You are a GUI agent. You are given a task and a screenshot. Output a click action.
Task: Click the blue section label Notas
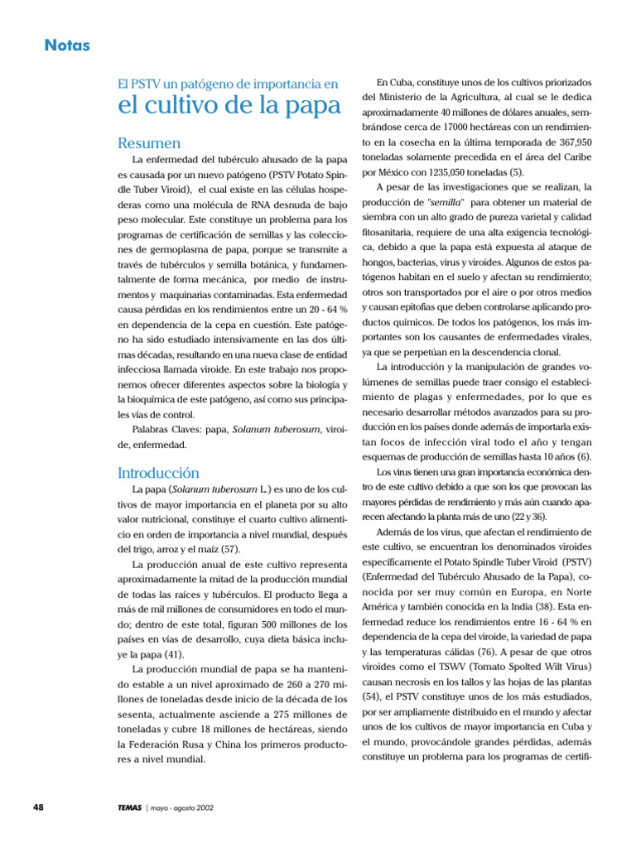click(x=67, y=45)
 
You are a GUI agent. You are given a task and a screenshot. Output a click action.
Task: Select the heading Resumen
click(x=149, y=143)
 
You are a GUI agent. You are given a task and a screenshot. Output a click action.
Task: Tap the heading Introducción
click(x=158, y=473)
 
